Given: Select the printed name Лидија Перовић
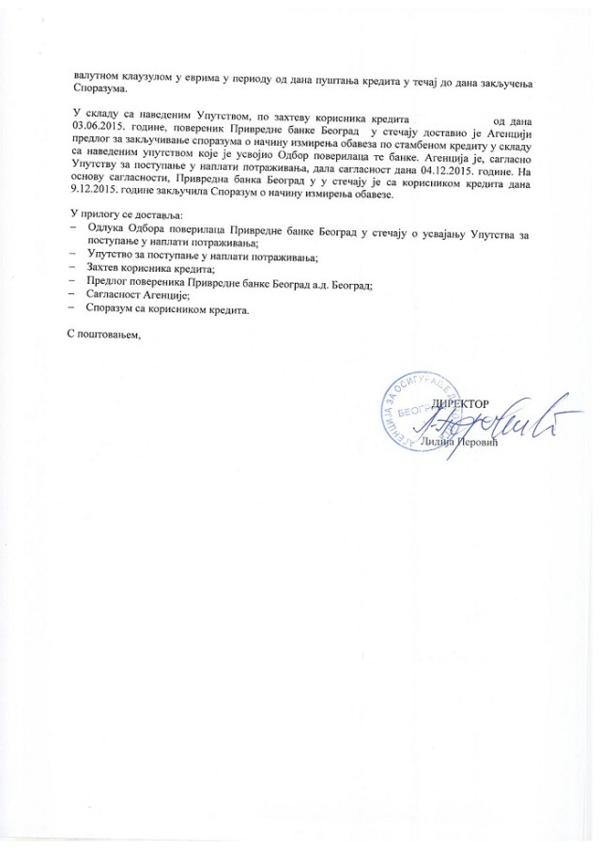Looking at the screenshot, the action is (479, 443).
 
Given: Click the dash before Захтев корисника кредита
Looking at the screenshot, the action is (74, 269).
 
